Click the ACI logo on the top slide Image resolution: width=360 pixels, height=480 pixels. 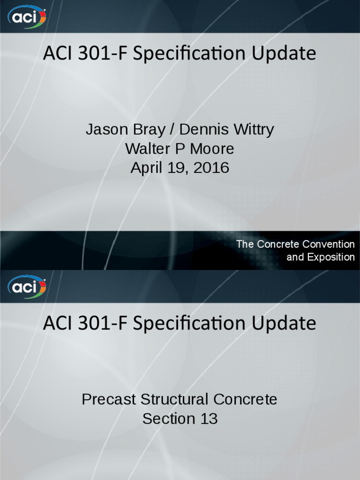click(x=27, y=17)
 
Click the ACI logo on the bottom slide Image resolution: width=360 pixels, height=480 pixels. click(x=27, y=286)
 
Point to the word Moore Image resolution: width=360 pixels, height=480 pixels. click(x=211, y=149)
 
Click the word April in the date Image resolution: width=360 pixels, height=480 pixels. click(x=147, y=168)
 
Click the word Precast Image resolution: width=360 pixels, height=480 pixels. click(x=108, y=399)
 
